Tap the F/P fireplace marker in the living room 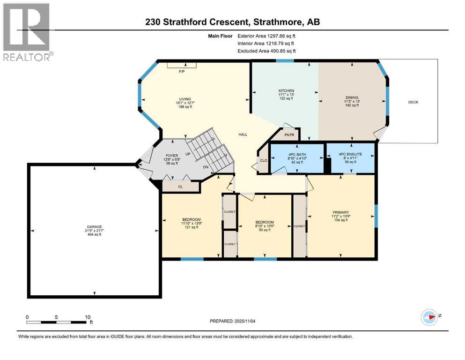(181, 72)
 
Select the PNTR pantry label (289, 135)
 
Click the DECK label (413, 102)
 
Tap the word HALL (243, 135)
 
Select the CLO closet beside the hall (263, 160)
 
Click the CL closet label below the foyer (180, 186)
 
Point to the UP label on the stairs (188, 154)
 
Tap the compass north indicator (429, 316)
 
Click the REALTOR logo (26, 32)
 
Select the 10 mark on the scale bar (87, 317)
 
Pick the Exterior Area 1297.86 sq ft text (266, 35)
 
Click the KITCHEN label (286, 90)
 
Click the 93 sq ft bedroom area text (265, 230)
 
